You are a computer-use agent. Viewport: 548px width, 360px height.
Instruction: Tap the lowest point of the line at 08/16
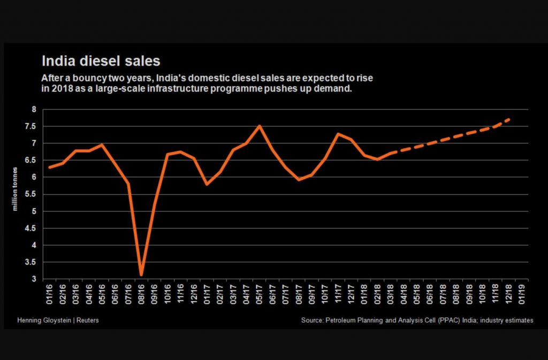pos(141,275)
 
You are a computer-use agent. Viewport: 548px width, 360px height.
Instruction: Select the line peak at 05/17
pos(260,126)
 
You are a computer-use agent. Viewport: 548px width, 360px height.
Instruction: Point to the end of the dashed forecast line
pos(508,119)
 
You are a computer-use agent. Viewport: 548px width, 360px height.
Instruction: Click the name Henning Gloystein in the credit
pos(42,320)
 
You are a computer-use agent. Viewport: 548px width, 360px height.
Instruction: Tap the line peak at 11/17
pos(338,134)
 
